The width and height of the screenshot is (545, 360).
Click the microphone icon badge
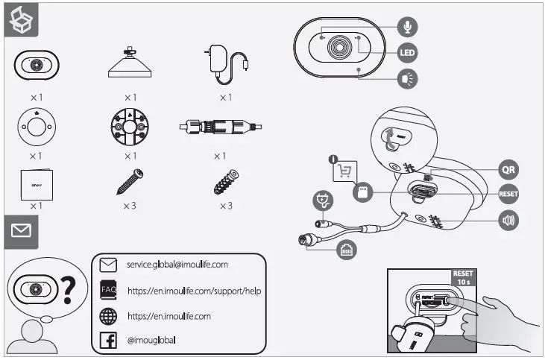tap(407, 28)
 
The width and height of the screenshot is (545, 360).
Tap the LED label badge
tap(407, 53)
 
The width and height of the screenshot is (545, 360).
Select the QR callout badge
tap(508, 169)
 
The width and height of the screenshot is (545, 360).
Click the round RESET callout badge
tap(508, 195)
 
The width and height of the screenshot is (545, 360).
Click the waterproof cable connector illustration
tap(221, 127)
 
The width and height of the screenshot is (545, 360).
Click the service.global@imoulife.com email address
tap(176, 265)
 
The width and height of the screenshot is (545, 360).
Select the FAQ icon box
tap(109, 289)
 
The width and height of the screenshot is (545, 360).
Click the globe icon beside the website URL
tap(109, 316)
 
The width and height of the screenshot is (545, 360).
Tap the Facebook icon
tap(109, 341)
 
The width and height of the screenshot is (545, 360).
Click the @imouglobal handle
tap(151, 341)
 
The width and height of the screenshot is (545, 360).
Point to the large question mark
tap(71, 290)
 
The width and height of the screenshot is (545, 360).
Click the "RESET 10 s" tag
tap(462, 278)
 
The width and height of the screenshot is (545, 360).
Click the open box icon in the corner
tap(19, 22)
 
